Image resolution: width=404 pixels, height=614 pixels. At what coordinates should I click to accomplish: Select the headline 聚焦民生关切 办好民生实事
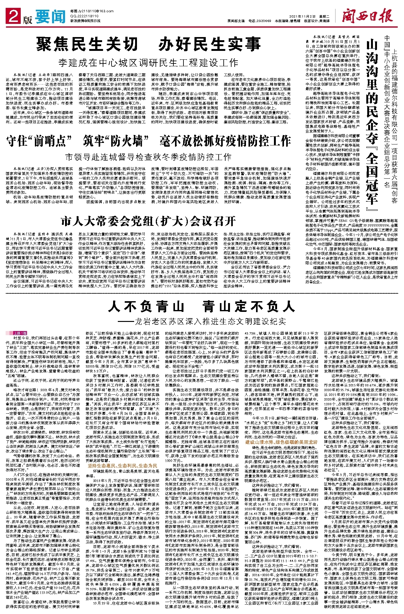(x=148, y=44)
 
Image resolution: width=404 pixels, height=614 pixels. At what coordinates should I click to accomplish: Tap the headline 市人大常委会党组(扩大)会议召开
(x=148, y=221)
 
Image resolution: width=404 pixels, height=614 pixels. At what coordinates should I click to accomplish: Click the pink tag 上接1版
(x=20, y=333)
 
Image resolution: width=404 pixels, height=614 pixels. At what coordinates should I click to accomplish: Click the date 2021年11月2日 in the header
(x=301, y=16)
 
